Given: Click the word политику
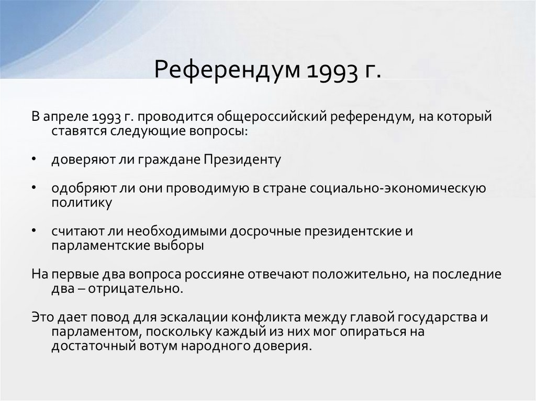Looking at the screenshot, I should (x=74, y=202).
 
